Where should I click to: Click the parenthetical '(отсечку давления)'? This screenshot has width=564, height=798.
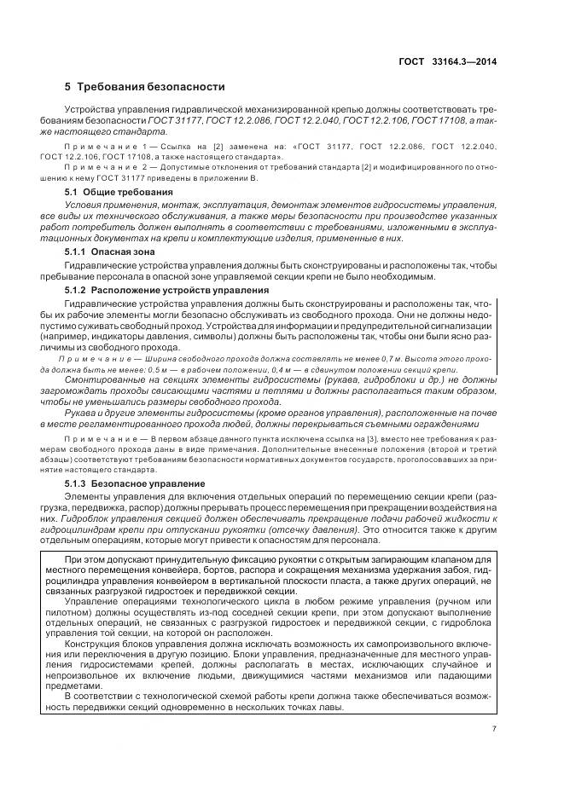click(x=303, y=527)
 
